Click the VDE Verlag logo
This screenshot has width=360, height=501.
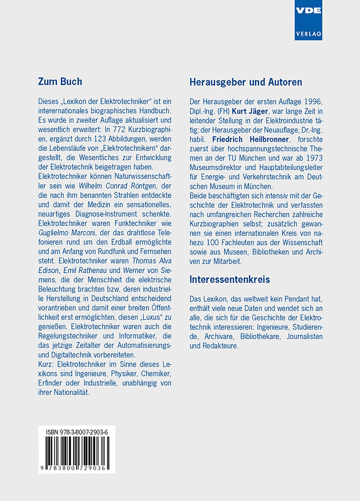click(x=308, y=20)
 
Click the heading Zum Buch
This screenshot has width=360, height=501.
click(x=60, y=82)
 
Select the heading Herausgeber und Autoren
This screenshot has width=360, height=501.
click(x=245, y=82)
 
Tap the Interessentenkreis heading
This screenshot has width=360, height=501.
click(x=229, y=279)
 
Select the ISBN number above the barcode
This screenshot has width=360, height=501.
click(x=77, y=431)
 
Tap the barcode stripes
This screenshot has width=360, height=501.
click(x=77, y=449)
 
